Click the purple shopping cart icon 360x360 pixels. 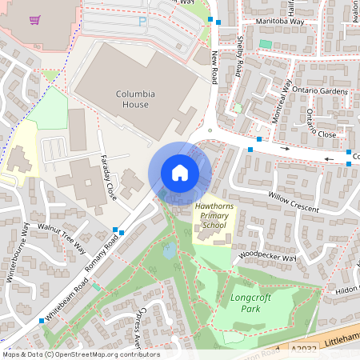tap(34, 21)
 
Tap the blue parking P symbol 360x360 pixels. tap(142, 22)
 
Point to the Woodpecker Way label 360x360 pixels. tap(267, 257)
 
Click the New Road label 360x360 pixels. tap(214, 68)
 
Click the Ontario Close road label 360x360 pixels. tap(320, 124)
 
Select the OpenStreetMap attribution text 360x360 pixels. tap(81, 354)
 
